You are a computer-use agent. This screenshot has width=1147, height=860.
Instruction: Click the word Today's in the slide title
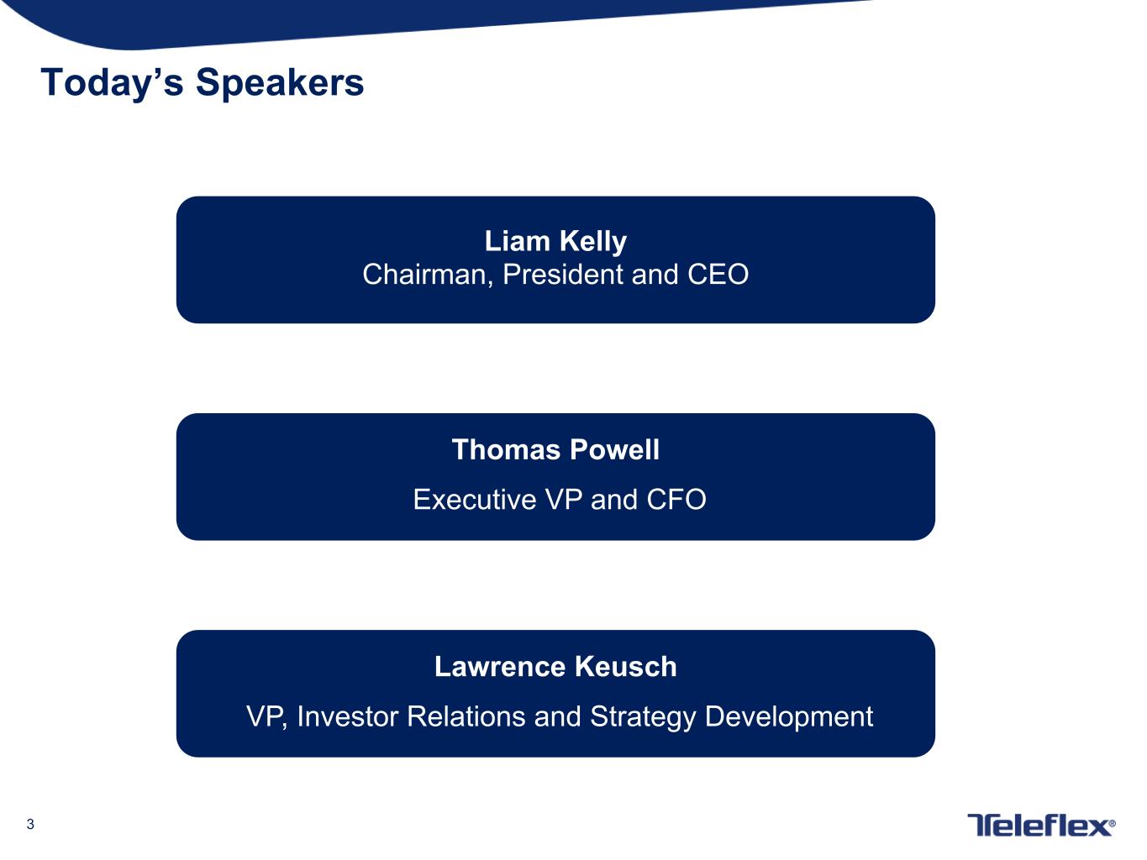pyautogui.click(x=113, y=82)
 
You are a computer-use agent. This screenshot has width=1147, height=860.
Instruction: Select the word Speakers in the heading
pyautogui.click(x=280, y=82)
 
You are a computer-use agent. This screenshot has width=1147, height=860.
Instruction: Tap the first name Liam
pyautogui.click(x=517, y=241)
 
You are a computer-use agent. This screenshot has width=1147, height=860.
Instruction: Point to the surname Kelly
pyautogui.click(x=593, y=242)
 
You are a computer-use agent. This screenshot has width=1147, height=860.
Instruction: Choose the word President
pyautogui.click(x=562, y=274)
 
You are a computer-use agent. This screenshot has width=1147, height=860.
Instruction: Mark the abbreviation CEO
pyautogui.click(x=718, y=274)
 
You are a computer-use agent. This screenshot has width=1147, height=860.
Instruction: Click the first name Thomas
pyautogui.click(x=506, y=449)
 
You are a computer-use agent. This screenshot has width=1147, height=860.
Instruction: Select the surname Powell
pyautogui.click(x=614, y=449)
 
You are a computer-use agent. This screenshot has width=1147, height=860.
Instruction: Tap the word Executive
pyautogui.click(x=475, y=499)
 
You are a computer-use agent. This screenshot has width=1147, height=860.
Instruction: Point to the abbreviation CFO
pyautogui.click(x=676, y=499)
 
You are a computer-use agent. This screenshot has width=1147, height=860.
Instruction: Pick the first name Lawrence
pyautogui.click(x=500, y=667)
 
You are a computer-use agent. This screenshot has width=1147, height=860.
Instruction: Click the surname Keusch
pyautogui.click(x=625, y=667)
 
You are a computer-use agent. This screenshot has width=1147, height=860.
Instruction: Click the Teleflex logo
pyautogui.click(x=1041, y=825)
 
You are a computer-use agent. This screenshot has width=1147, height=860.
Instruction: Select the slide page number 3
pyautogui.click(x=30, y=824)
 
